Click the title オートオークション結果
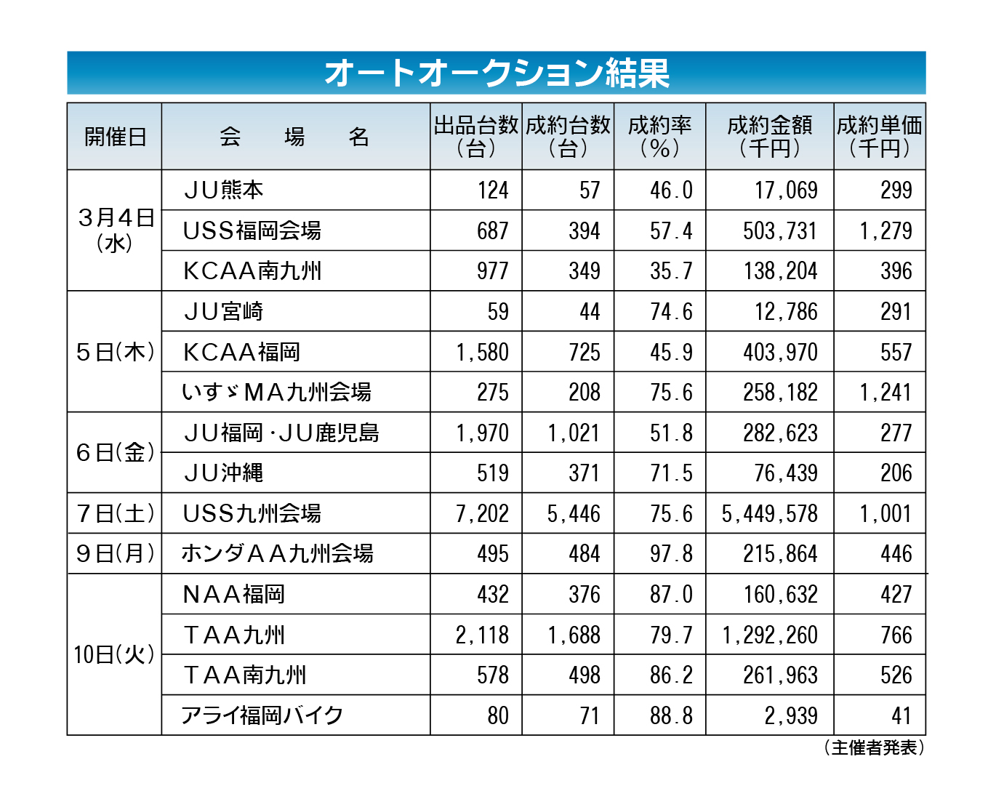497,73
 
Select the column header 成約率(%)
659,137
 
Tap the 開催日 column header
115,137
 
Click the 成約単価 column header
879,137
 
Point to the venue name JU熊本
223,190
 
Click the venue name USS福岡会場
252,230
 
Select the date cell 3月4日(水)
115,230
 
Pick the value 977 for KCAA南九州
492,270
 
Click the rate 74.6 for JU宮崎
671,311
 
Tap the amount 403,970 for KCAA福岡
780,352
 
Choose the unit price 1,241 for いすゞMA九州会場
885,393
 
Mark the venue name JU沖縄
223,473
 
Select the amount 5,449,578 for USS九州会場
769,513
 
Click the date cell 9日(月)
115,553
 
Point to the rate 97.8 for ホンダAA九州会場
671,553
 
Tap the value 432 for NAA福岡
492,594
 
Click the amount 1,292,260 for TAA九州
770,635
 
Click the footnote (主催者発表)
874,747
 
